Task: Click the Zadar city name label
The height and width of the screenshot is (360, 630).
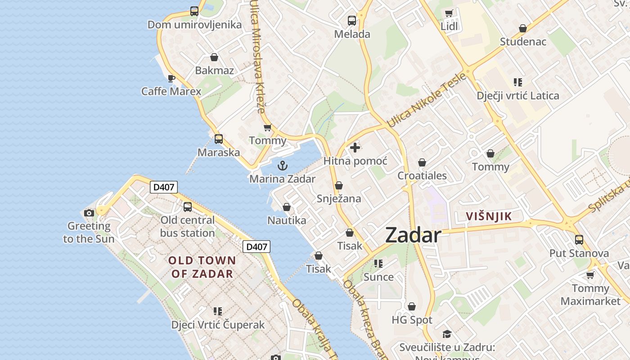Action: coord(413,235)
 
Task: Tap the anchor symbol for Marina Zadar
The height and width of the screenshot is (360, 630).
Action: coord(282,166)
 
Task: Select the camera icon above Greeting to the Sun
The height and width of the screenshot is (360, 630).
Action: coord(89,213)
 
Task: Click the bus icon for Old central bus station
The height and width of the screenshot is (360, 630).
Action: coord(188,207)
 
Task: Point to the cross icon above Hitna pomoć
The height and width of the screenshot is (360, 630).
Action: coord(355,147)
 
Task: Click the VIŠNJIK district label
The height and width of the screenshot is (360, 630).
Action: coord(489,216)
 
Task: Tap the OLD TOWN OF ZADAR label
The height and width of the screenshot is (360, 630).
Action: coord(202,267)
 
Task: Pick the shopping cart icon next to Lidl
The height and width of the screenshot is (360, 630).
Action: coord(449,13)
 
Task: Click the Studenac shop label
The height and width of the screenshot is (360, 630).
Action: coord(523,42)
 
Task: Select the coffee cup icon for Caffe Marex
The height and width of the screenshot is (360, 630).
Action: coord(171,78)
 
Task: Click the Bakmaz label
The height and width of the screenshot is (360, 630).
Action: coord(214,70)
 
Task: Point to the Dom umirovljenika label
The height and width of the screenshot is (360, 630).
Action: coord(194,25)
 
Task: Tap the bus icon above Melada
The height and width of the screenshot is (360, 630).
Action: coord(352,21)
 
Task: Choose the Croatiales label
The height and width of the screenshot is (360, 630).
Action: coord(422,175)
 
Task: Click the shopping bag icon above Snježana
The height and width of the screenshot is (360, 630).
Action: coord(339,185)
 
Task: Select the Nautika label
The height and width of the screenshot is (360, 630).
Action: coord(287,220)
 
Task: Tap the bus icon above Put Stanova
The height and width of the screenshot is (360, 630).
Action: coord(579,240)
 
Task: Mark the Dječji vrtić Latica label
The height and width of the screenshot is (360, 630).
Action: coord(518,95)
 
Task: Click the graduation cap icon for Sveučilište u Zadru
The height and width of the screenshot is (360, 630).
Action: coord(447,334)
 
